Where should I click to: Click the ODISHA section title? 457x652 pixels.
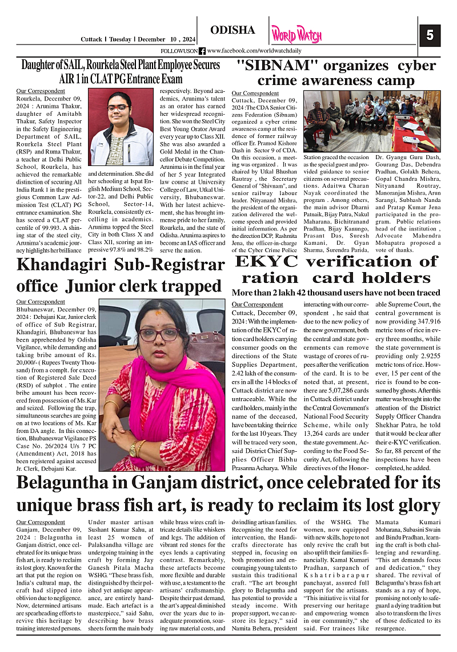click(x=232, y=30)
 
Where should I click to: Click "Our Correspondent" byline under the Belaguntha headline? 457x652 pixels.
click(x=41, y=521)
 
